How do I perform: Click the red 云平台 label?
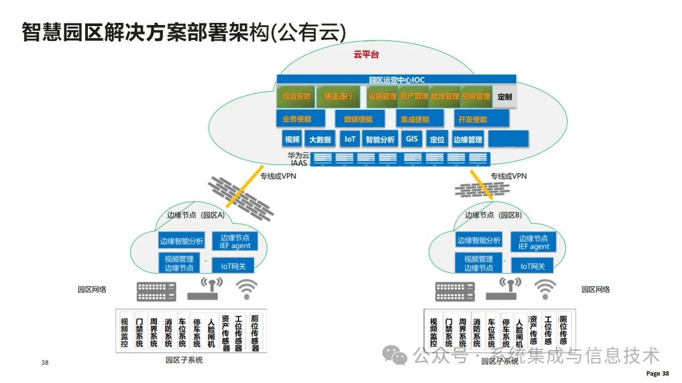click(x=366, y=55)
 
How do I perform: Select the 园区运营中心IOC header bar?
click(x=396, y=79)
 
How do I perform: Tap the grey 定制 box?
click(x=504, y=96)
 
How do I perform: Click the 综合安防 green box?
click(x=296, y=96)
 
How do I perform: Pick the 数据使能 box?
click(x=358, y=119)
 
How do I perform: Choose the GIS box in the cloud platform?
click(x=412, y=139)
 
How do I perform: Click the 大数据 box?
click(x=320, y=140)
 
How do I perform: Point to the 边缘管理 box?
click(x=467, y=140)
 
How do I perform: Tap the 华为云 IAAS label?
click(x=298, y=159)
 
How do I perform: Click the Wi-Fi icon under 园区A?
click(x=246, y=289)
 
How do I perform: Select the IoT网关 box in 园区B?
click(x=532, y=266)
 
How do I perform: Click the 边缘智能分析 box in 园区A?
click(x=182, y=241)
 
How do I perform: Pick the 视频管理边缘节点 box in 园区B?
click(x=478, y=264)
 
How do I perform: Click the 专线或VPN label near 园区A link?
click(x=278, y=176)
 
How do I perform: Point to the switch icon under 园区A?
click(x=156, y=291)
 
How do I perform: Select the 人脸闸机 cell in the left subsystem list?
click(x=211, y=332)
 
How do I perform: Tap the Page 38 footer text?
click(x=657, y=373)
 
